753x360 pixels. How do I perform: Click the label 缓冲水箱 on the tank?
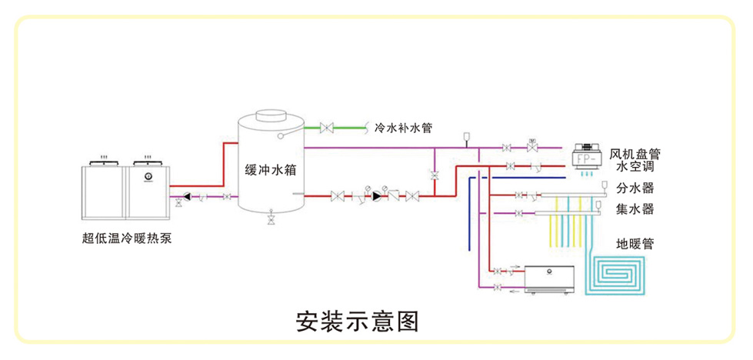pos(270,170)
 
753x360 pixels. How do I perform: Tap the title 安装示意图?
pos(358,321)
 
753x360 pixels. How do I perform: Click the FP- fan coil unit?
pos(590,158)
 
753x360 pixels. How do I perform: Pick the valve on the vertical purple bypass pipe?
pos(435,175)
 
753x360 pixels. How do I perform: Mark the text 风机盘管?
pos(635,154)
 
